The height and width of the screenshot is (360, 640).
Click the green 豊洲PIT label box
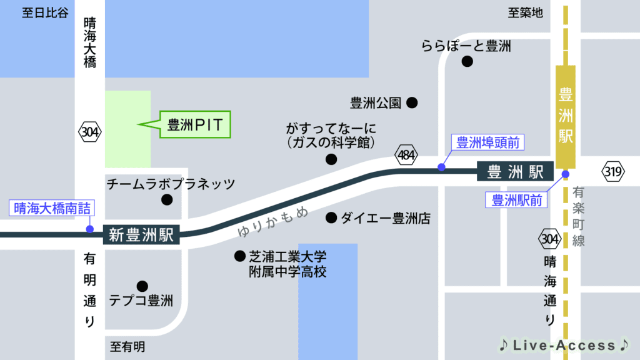[195, 124]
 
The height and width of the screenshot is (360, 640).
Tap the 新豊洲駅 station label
[142, 235]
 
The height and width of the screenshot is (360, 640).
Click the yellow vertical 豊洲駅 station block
[566, 116]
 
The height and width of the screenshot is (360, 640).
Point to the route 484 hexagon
[406, 154]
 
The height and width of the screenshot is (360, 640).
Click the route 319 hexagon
[612, 171]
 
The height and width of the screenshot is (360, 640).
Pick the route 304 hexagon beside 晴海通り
[549, 238]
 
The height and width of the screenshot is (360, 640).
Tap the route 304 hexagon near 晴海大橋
[90, 132]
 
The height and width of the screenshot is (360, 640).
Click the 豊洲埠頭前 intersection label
[487, 143]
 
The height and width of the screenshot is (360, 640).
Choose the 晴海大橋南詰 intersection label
[52, 209]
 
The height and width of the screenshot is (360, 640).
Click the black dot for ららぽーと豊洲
[467, 61]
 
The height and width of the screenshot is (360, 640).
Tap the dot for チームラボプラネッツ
[167, 200]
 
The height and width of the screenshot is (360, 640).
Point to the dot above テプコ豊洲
[142, 286]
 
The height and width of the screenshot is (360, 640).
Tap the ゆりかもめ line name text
[273, 222]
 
